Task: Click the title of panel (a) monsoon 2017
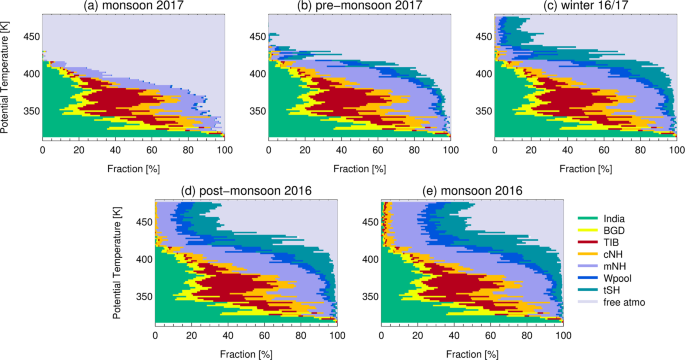(x=133, y=7)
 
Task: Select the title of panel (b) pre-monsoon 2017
(x=359, y=7)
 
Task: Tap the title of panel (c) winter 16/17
(x=585, y=7)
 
